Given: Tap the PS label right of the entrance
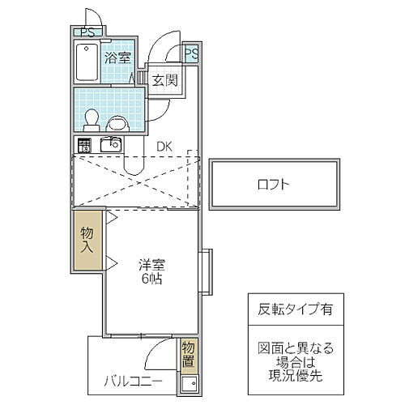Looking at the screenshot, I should [191, 53].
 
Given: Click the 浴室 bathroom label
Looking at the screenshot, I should [117, 58].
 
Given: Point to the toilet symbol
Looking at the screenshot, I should [92, 120].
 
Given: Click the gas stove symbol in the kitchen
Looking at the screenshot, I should [84, 146].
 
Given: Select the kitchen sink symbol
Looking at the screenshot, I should [109, 145].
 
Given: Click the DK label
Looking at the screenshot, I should [164, 146].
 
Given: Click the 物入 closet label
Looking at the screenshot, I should [87, 240].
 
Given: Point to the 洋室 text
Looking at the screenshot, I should [151, 263].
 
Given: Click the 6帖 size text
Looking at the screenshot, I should [151, 279].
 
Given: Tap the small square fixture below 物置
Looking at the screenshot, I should [189, 383].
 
